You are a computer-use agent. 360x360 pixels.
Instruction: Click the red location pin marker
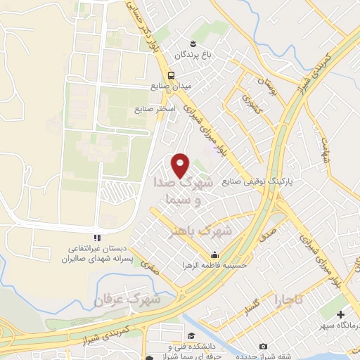(181, 165)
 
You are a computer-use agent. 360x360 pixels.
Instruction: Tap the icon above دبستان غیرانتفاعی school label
(98, 237)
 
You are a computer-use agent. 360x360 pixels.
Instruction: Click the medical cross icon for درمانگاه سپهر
(342, 314)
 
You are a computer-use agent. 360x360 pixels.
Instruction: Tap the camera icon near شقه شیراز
(263, 346)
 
